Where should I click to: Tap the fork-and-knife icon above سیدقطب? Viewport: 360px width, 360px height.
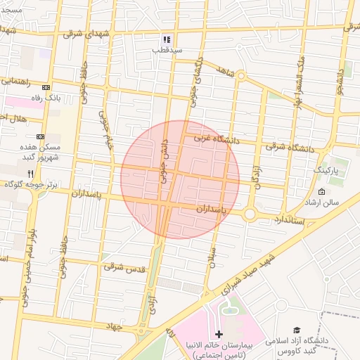pos(167,39)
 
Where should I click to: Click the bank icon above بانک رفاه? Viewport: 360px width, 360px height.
pos(46,87)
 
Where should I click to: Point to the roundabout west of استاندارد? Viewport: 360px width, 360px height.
pos(250,214)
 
